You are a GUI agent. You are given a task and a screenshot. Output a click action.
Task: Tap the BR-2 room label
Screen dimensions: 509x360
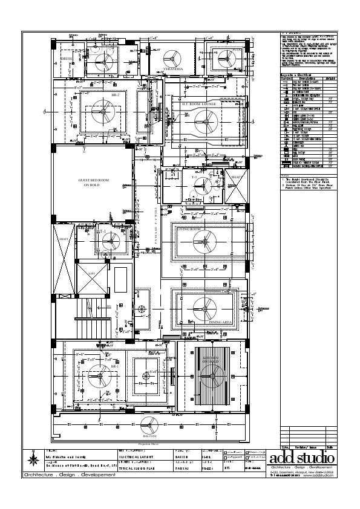point(115,95)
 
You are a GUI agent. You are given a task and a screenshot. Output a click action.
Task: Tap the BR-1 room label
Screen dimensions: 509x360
point(114,367)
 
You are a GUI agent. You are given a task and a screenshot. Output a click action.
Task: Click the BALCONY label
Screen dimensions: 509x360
point(150,435)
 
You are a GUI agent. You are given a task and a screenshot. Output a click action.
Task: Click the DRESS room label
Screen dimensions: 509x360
point(66,58)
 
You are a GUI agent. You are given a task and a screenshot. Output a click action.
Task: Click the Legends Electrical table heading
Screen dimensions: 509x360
point(296,75)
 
